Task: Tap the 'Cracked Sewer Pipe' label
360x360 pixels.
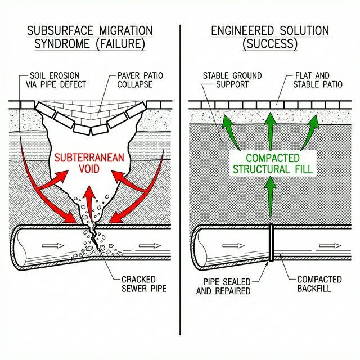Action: pyautogui.click(x=143, y=285)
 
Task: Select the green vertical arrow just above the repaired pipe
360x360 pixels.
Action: pyautogui.click(x=271, y=200)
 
